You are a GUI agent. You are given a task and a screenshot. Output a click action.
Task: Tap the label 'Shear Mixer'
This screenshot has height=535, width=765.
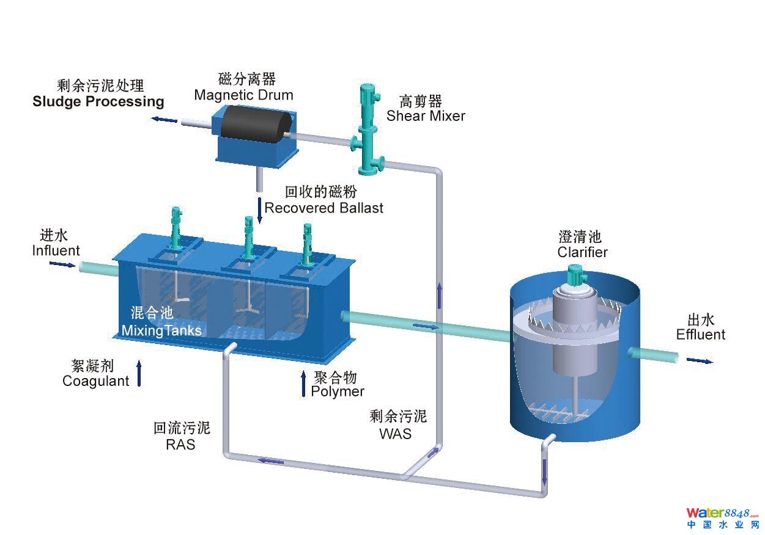point(426,116)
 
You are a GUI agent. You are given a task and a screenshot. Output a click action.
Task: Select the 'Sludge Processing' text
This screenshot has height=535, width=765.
point(98,101)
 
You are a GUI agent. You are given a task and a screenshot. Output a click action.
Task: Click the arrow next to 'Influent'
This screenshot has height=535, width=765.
point(62,264)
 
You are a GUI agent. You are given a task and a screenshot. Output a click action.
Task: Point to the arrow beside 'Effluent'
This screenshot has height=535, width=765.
point(700,361)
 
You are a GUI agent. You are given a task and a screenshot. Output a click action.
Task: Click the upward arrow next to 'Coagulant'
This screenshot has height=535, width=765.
point(139,373)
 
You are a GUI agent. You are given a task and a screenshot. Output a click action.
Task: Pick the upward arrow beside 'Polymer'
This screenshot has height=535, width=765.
point(303,384)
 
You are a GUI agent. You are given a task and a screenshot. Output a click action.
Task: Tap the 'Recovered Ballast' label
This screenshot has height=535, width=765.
point(324,208)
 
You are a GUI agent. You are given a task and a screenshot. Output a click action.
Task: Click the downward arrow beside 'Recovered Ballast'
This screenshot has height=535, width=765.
point(260,209)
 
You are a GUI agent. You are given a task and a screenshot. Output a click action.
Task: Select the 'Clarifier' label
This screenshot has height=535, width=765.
point(583,252)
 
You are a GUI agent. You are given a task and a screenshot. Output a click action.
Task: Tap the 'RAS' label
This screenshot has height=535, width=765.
point(180,444)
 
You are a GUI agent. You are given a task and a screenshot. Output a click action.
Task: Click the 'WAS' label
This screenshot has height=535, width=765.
point(396,434)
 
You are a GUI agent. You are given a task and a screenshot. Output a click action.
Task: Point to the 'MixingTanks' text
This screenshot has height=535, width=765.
point(161,330)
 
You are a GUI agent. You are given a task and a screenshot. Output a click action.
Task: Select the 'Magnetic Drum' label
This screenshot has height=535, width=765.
point(243,95)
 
